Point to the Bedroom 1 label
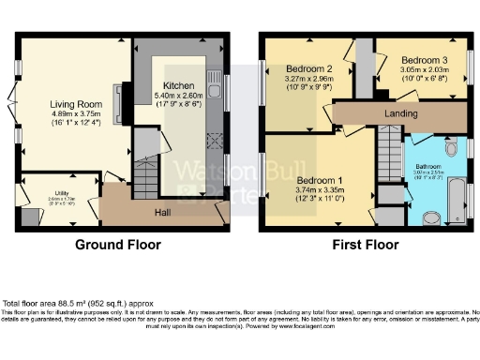[321, 180]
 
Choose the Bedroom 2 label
[310, 69]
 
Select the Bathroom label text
[428, 166]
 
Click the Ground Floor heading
[117, 245]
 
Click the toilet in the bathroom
[432, 217]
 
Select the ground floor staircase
[145, 173]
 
